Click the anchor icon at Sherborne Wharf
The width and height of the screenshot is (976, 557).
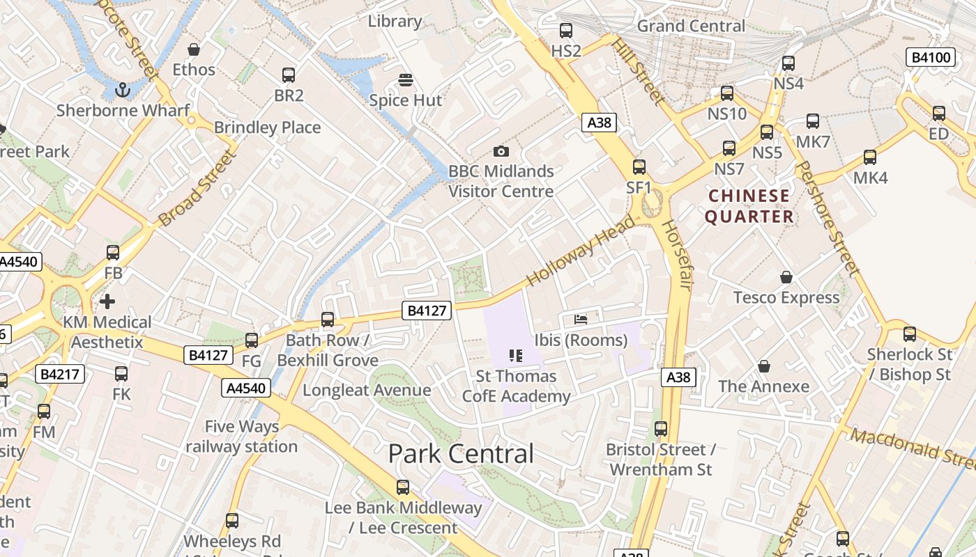click(123, 89)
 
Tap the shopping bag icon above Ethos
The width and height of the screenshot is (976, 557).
click(194, 49)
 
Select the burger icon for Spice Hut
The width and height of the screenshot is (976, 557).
click(405, 80)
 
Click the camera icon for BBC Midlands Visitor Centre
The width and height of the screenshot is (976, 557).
click(501, 151)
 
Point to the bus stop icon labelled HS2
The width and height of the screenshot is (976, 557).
click(566, 31)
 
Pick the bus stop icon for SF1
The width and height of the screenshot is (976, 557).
click(639, 167)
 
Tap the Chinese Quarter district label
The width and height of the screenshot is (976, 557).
click(749, 206)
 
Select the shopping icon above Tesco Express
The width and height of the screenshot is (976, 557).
click(786, 277)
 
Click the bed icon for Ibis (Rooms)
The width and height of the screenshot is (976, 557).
click(581, 320)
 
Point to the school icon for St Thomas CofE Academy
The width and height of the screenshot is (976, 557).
click(516, 356)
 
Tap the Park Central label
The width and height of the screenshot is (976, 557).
click(461, 454)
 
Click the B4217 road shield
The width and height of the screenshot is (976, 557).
click(61, 374)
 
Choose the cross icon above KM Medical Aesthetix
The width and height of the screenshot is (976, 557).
click(107, 301)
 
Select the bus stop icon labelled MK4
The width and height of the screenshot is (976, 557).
click(870, 157)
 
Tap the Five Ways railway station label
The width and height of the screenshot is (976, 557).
click(241, 437)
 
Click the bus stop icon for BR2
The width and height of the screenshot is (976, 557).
click(288, 75)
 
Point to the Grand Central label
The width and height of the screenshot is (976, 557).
click(691, 26)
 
